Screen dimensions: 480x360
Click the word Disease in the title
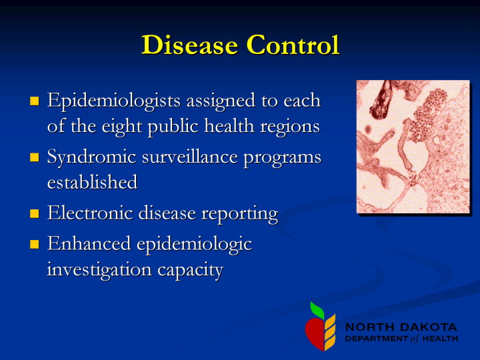click(190, 45)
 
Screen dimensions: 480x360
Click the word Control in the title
click(293, 45)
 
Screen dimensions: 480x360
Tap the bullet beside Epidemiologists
click(35, 101)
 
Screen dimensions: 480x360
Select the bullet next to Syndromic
click(35, 157)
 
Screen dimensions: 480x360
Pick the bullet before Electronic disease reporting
click(35, 213)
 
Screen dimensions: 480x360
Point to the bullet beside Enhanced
click(35, 244)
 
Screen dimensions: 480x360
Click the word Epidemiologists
click(114, 101)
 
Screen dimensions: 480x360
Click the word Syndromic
click(91, 158)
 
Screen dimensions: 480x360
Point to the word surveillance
click(190, 157)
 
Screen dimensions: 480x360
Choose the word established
click(93, 182)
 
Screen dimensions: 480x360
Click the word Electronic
click(90, 213)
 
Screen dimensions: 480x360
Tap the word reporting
click(240, 214)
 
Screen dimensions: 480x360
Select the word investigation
click(99, 271)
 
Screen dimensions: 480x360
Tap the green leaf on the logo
click(317, 310)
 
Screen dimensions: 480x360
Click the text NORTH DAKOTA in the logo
click(401, 327)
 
